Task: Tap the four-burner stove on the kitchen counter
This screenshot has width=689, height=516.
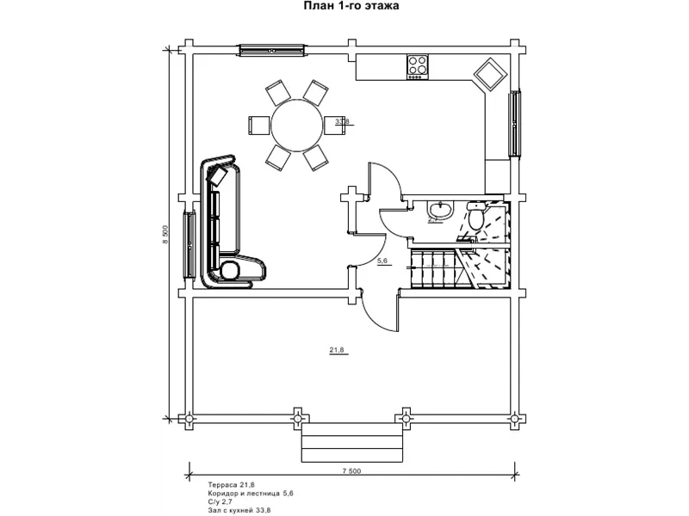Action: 418,65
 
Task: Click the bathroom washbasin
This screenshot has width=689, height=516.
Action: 441,209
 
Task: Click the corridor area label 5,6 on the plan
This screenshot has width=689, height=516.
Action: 384,260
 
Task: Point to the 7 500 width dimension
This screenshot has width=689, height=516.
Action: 351,470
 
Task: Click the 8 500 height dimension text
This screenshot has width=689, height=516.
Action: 165,234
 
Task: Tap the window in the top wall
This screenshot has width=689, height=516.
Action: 271,50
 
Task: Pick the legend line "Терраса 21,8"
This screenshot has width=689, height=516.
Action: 232,485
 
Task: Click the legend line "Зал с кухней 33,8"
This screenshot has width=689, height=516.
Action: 239,510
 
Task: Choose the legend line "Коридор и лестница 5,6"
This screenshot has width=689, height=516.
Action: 251,494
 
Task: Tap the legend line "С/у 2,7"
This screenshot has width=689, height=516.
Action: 220,501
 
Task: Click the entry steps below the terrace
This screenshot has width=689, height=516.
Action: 351,445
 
